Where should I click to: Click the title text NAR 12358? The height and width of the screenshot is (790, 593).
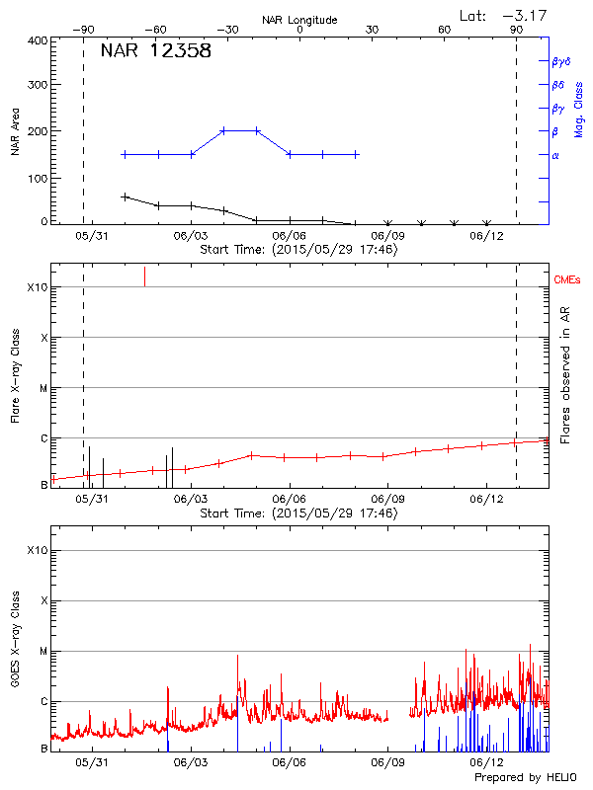[x=156, y=51]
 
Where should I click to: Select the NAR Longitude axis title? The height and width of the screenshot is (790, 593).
[x=299, y=20]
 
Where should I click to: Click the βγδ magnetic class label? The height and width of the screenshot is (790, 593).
[x=560, y=61]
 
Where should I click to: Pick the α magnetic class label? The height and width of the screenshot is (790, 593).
[x=555, y=155]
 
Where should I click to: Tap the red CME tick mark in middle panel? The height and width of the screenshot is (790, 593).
[x=145, y=276]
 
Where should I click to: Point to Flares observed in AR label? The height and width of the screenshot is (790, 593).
[x=564, y=375]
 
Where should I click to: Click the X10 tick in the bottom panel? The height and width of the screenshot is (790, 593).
[x=38, y=550]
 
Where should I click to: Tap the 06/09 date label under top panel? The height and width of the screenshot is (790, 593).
[x=388, y=237]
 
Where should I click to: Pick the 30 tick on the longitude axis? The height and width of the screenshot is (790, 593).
[x=373, y=31]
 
